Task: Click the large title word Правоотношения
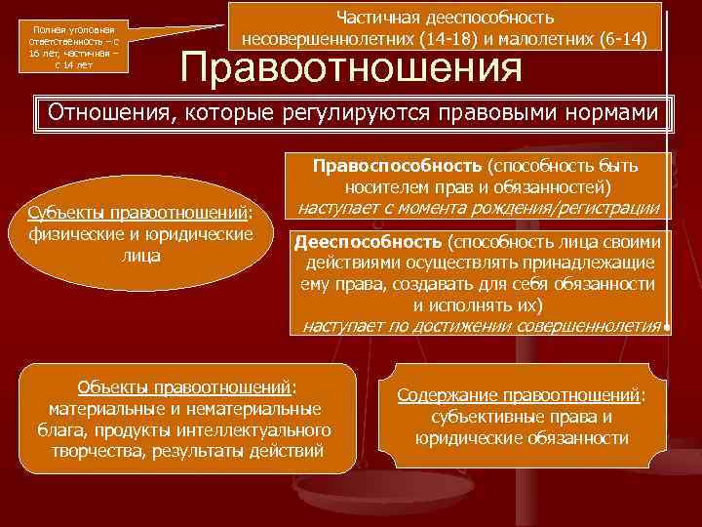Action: click(352, 68)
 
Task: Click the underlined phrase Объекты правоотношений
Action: click(177, 385)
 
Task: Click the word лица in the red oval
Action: click(141, 256)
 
